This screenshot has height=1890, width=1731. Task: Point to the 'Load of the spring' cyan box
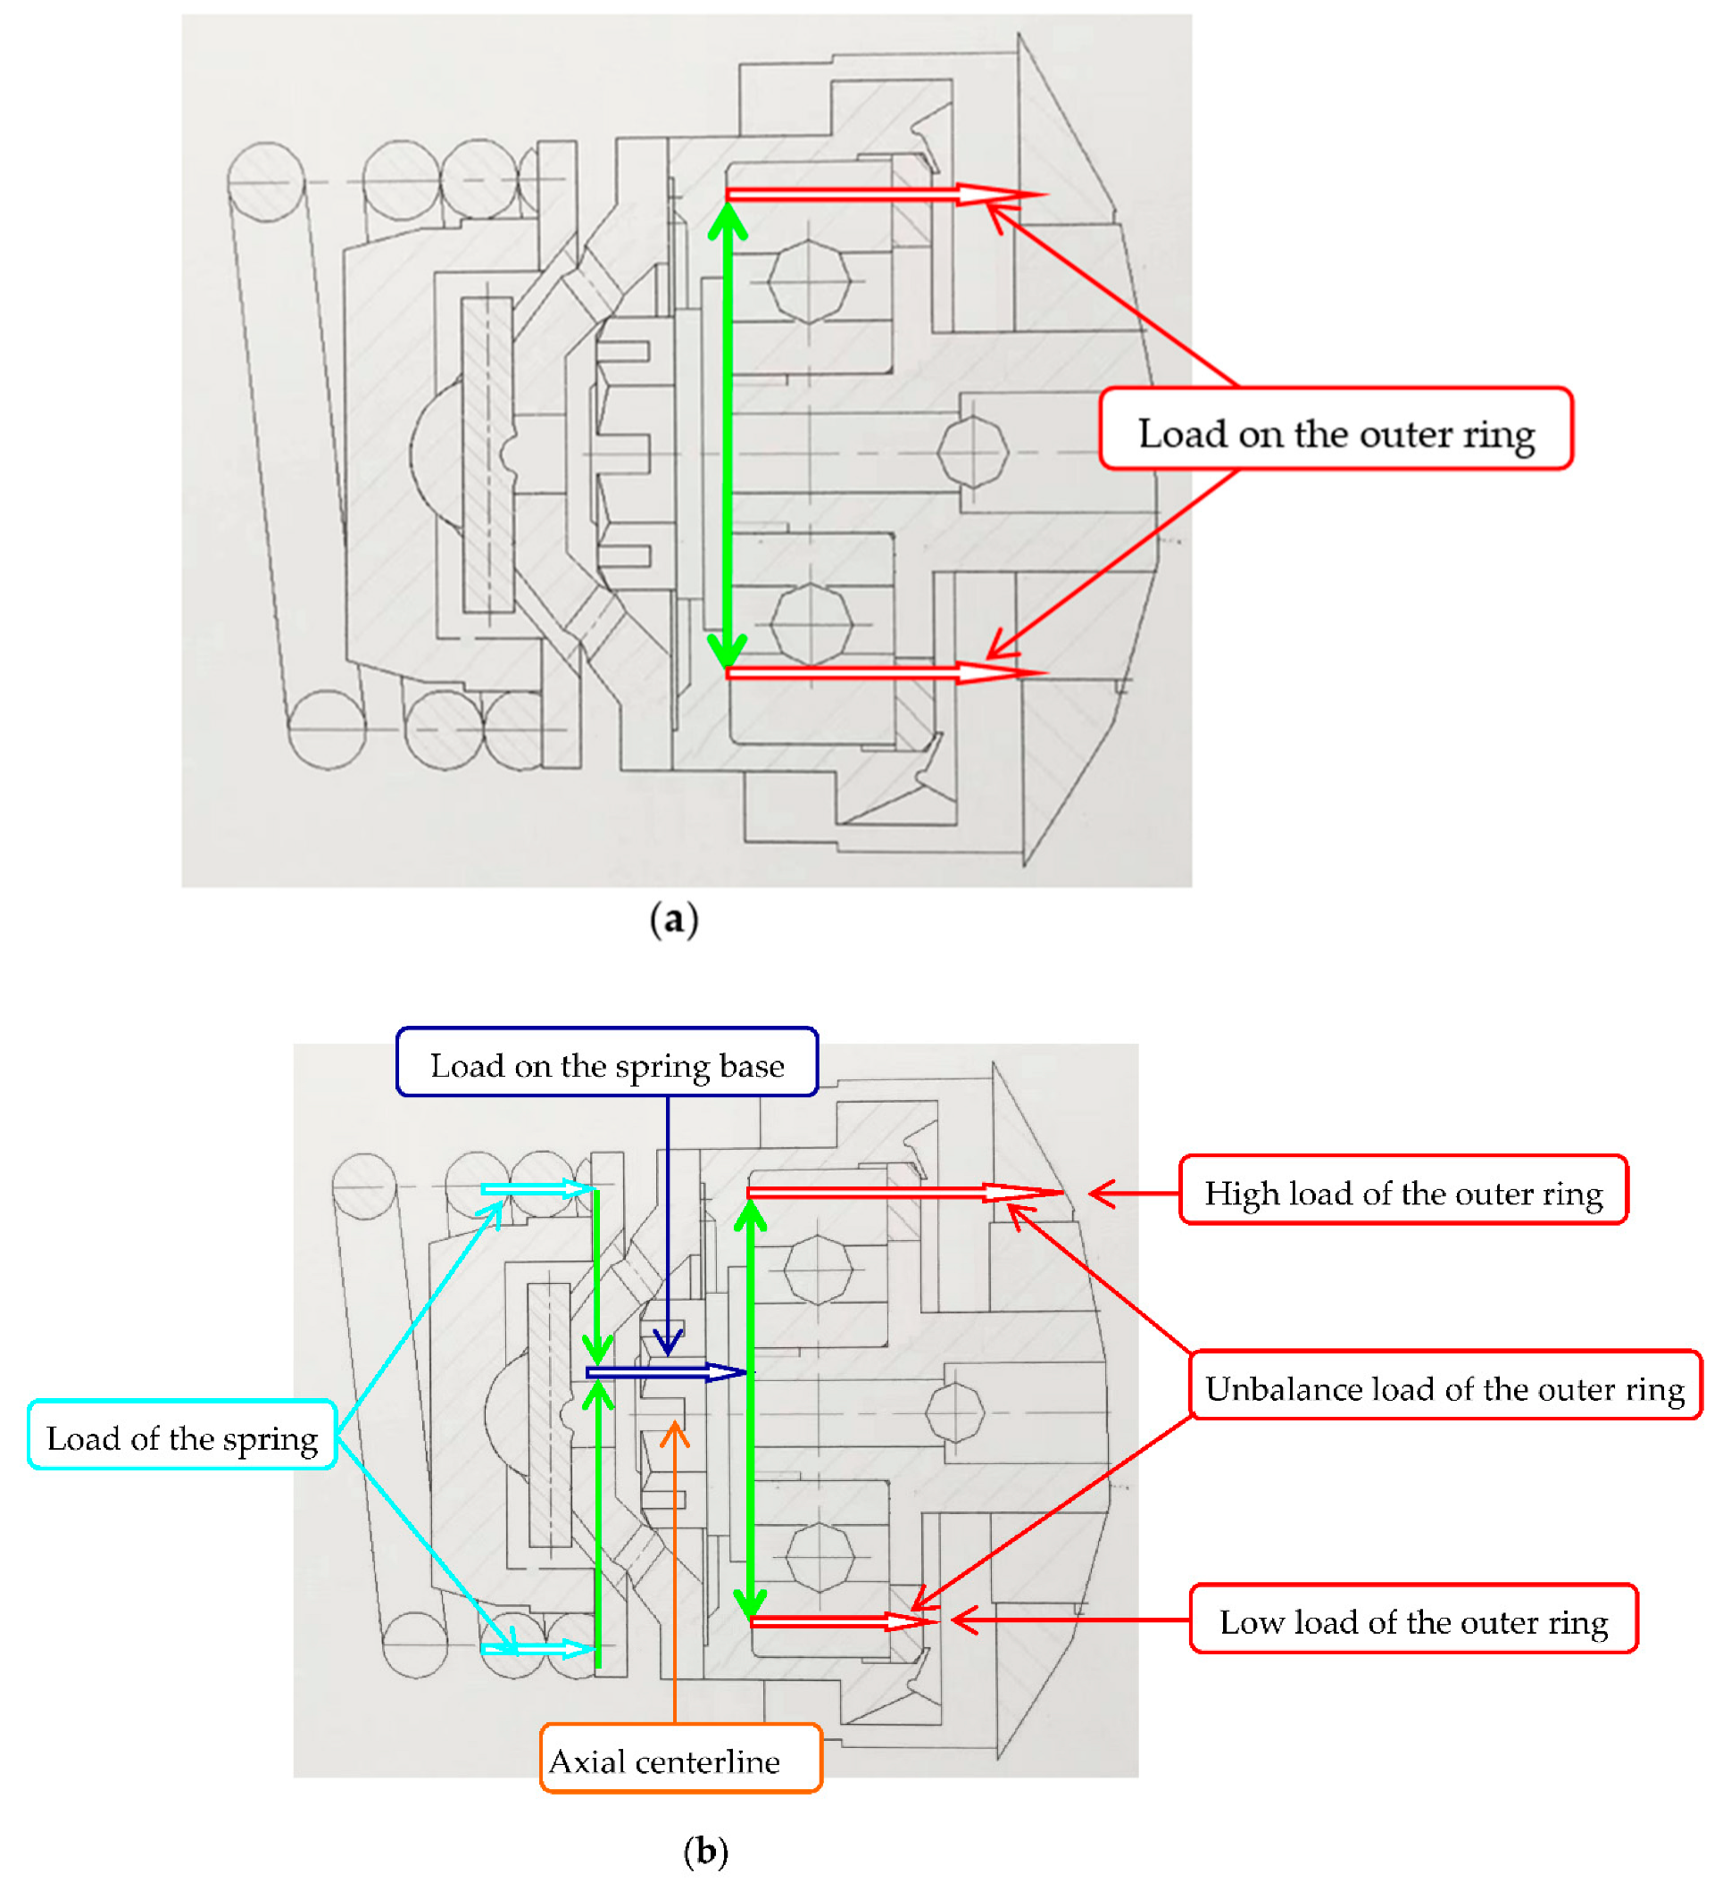pyautogui.click(x=182, y=1436)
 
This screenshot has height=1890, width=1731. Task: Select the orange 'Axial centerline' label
pyautogui.click(x=681, y=1760)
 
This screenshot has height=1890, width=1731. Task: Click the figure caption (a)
pyautogui.click(x=674, y=920)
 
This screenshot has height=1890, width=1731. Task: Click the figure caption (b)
pyautogui.click(x=705, y=1851)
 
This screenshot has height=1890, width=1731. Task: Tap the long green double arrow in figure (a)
pyautogui.click(x=727, y=431)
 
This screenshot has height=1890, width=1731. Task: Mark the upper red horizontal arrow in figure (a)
pyautogui.click(x=881, y=194)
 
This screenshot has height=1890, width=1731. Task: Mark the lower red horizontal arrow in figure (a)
pyautogui.click(x=881, y=672)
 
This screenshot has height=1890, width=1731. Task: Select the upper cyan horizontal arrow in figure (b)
pyautogui.click(x=537, y=1189)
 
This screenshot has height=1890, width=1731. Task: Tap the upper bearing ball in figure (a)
pyautogui.click(x=809, y=280)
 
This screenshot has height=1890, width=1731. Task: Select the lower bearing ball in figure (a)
pyautogui.click(x=811, y=623)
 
